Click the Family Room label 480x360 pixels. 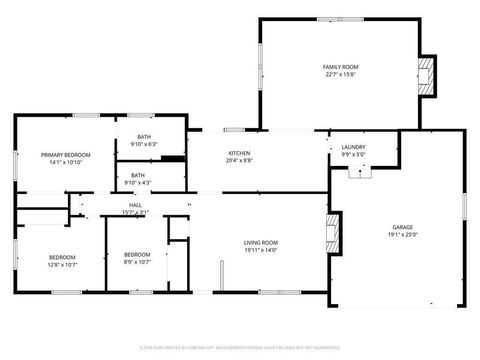click(339, 67)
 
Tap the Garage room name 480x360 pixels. click(402, 227)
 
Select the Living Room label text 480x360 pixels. click(261, 243)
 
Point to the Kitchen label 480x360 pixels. click(238, 154)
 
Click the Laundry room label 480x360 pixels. click(353, 147)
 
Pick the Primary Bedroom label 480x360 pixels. click(66, 155)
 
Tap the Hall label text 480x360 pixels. click(134, 205)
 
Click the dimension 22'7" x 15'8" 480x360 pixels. click(339, 74)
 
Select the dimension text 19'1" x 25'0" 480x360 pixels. click(402, 235)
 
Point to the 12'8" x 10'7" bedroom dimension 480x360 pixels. click(62, 265)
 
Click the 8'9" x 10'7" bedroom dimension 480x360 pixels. click(137, 262)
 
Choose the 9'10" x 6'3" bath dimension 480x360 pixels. click(144, 144)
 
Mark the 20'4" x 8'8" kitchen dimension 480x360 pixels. click(238, 161)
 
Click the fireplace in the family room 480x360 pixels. click(426, 76)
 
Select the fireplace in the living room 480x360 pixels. click(334, 234)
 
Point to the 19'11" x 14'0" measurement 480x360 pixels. click(261, 250)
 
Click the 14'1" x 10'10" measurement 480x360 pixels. click(66, 162)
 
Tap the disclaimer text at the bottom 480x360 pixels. click(239, 348)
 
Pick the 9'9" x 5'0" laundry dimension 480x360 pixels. click(353, 155)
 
